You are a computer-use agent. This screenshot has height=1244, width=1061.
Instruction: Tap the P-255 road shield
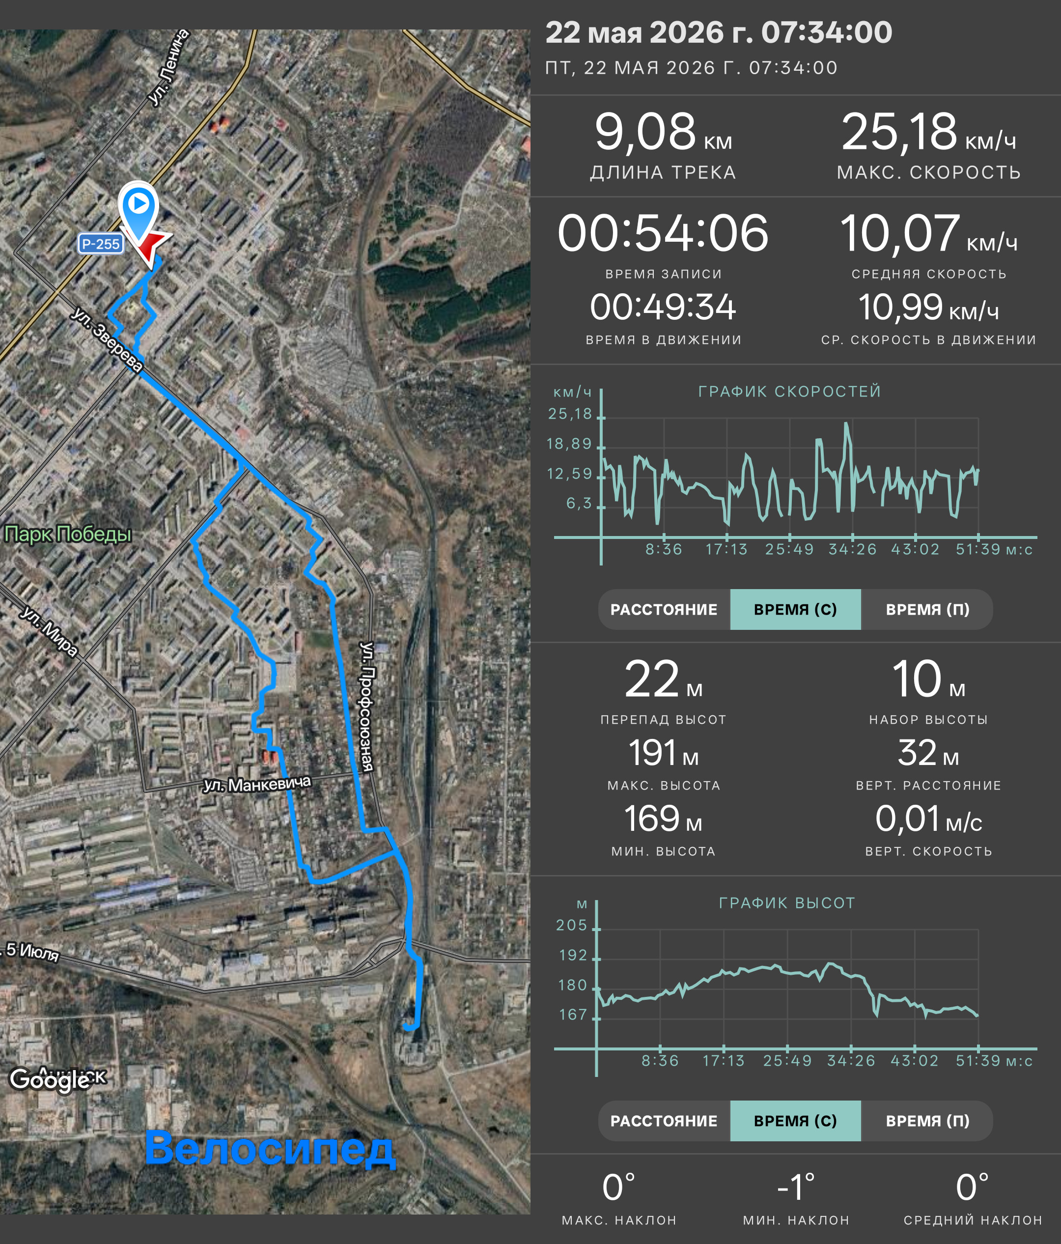point(101,244)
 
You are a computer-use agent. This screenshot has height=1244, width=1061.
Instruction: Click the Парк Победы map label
point(68,534)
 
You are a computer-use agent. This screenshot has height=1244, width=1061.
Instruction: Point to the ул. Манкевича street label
point(257,784)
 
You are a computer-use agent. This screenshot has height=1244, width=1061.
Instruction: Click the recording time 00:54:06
point(663,233)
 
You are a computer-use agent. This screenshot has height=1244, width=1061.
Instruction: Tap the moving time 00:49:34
point(663,308)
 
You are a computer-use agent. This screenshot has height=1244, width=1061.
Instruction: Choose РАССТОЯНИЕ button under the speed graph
point(664,609)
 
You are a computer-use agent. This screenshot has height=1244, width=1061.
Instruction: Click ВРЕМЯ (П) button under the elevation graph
point(928,1121)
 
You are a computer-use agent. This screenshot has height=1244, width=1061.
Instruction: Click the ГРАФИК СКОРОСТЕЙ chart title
point(790,392)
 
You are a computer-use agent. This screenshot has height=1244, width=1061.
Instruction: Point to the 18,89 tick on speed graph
point(569,444)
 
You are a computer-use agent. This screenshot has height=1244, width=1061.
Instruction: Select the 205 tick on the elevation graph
point(571,925)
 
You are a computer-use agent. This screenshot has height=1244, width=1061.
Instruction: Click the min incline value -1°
point(796,1187)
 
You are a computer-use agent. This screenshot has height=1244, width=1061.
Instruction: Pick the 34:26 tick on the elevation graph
point(851,1061)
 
